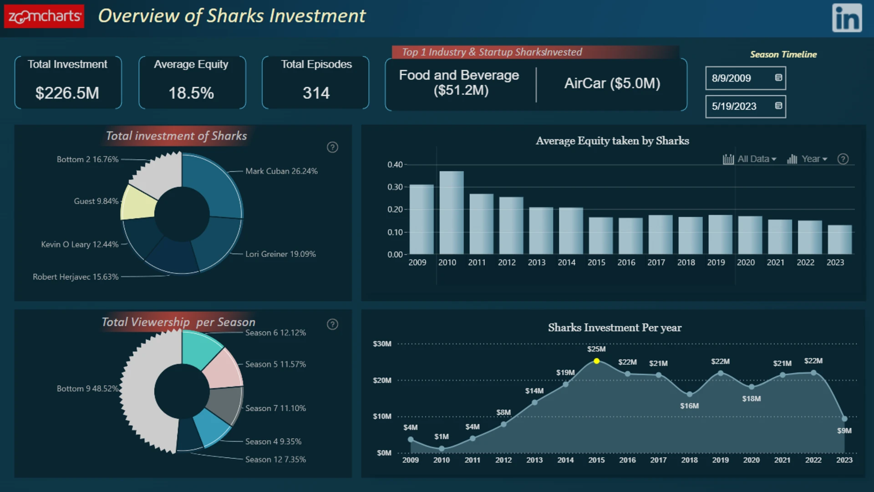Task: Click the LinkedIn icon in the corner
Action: coord(847,18)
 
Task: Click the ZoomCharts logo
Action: coord(44,16)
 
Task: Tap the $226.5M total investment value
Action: coord(67,93)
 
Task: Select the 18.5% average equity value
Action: coord(191,93)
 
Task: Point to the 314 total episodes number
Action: coord(316,93)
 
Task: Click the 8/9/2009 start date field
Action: coord(745,78)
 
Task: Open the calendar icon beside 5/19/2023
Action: coord(778,106)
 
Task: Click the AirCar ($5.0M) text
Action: coord(612,83)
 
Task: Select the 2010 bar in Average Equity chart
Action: coord(452,212)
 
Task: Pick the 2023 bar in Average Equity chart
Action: coord(840,239)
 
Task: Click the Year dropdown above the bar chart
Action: coord(807,159)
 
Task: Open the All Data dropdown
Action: coord(749,159)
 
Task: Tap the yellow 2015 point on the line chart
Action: coord(596,361)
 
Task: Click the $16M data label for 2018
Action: coord(689,405)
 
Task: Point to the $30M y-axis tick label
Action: coord(382,343)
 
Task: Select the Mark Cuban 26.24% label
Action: coord(281,171)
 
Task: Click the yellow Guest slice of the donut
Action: coord(139,203)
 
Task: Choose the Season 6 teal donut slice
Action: coord(200,348)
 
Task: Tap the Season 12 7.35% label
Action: coord(275,459)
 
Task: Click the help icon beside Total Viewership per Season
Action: coord(332,324)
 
